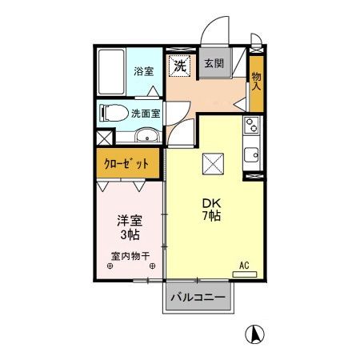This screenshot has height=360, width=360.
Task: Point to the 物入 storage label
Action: [x=256, y=78]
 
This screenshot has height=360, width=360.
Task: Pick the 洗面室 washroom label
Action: [x=146, y=113]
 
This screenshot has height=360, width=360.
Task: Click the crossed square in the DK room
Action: [x=212, y=163]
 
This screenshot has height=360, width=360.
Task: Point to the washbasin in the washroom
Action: [x=147, y=134]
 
